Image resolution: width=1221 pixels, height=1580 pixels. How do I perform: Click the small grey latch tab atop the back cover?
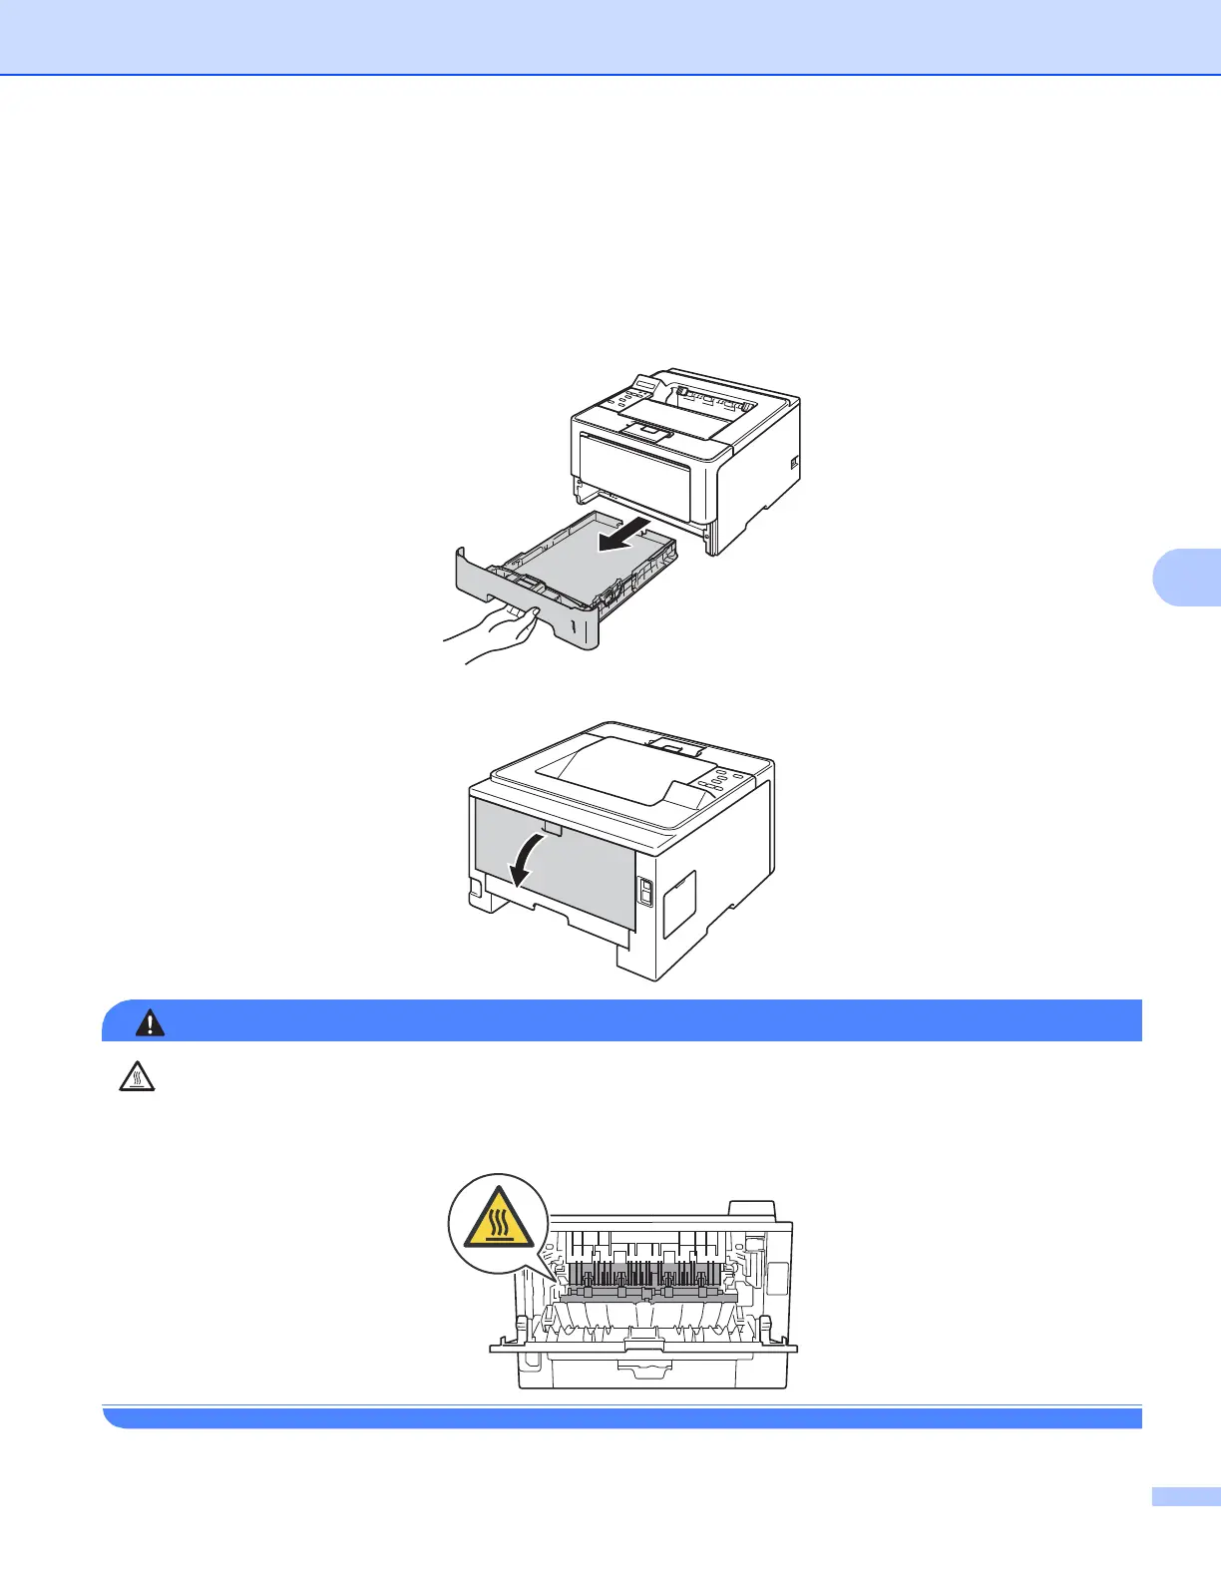tap(553, 828)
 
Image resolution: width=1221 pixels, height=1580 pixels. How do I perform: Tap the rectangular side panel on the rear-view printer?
tap(679, 903)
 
